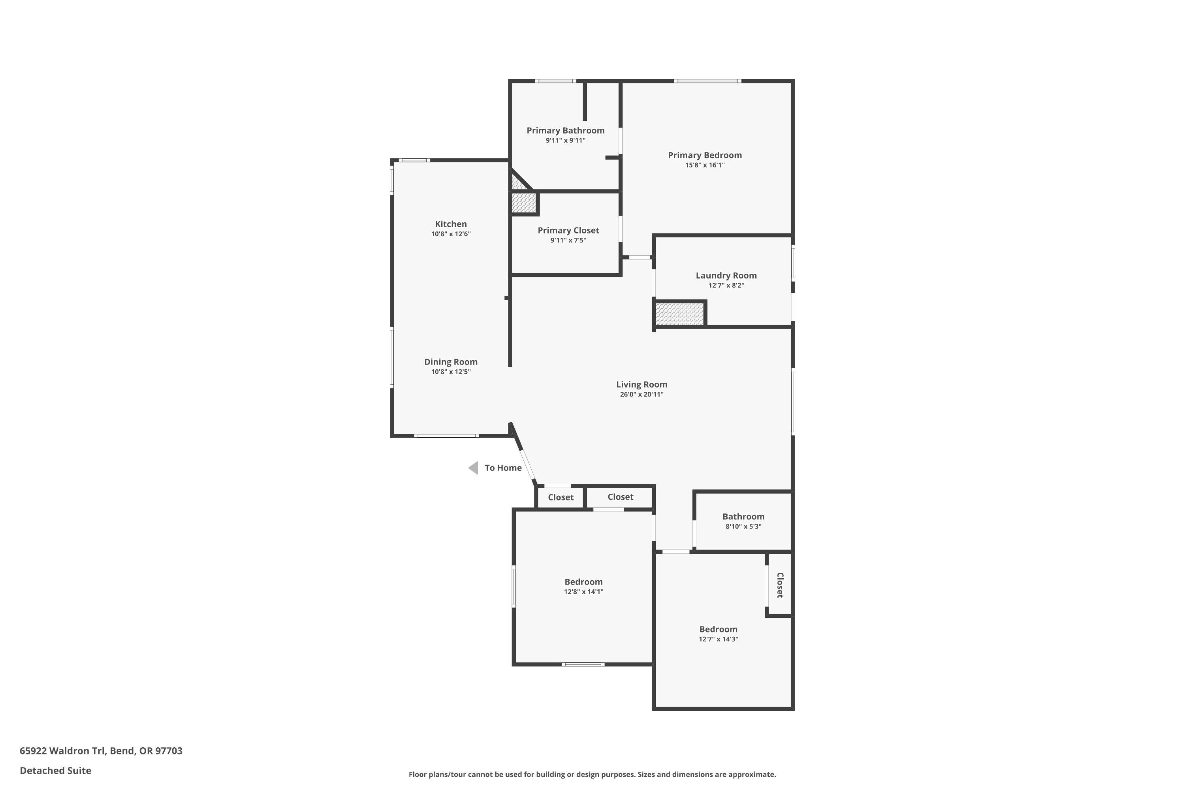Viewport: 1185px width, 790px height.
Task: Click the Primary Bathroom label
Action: coord(565,130)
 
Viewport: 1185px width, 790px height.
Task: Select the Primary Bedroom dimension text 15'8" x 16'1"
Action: coord(704,165)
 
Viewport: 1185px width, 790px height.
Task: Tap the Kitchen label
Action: coord(450,224)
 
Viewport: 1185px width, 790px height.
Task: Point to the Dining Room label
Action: coord(450,362)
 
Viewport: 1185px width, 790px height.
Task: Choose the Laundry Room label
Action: coord(726,276)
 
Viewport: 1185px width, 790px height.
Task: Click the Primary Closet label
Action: coord(568,230)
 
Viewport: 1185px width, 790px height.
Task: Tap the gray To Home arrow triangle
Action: coord(474,468)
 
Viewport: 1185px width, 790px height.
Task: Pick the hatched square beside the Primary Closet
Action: coord(523,203)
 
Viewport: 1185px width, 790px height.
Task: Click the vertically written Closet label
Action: coord(780,585)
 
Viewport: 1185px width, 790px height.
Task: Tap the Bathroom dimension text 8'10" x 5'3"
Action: coord(743,527)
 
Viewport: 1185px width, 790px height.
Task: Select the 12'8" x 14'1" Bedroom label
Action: coord(583,582)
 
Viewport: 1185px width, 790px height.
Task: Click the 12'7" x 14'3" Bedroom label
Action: coord(718,629)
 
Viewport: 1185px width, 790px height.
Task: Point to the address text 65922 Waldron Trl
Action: coord(101,751)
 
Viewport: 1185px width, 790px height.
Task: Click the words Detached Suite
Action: coord(55,770)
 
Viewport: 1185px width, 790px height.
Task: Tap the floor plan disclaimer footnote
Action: coord(592,774)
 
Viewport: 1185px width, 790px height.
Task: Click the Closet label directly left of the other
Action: coord(560,497)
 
